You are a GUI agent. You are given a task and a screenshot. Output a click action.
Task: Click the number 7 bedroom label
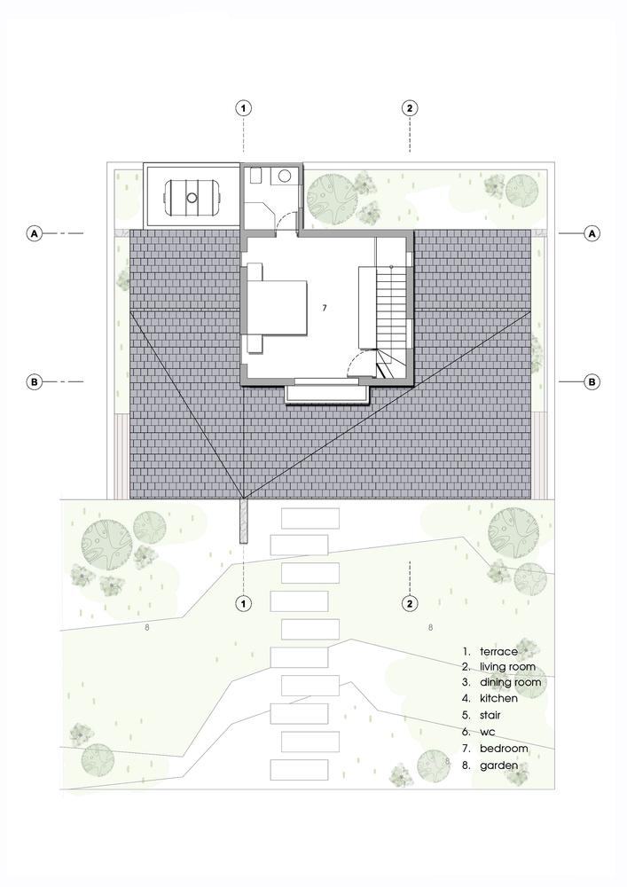325,307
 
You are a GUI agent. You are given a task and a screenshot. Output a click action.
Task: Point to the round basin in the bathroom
286,177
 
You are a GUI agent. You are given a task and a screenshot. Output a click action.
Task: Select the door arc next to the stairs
362,362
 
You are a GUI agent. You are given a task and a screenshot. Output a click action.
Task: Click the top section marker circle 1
244,108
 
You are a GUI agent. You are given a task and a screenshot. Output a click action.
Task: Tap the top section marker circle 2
409,108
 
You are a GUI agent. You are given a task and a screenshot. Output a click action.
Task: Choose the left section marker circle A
35,233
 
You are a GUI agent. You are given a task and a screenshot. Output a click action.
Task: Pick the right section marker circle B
592,382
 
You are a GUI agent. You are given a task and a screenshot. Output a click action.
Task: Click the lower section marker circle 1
244,603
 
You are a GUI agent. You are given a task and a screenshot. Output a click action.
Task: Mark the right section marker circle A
592,233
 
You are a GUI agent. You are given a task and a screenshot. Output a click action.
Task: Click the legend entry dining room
509,683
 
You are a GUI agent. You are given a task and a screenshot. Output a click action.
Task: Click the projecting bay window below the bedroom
328,392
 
